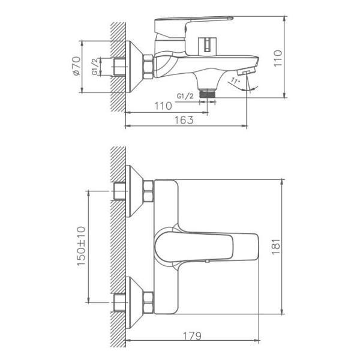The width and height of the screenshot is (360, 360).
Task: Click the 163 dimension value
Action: pyautogui.click(x=185, y=120)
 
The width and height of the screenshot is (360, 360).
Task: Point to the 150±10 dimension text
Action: pyautogui.click(x=82, y=246)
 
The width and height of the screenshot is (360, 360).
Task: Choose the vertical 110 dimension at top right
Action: pyautogui.click(x=277, y=58)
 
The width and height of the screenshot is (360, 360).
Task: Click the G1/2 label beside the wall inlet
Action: pyautogui.click(x=95, y=66)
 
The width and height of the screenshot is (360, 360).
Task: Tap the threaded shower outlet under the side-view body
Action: pyautogui.click(x=208, y=93)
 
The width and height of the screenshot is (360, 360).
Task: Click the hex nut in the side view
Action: pyautogui.click(x=148, y=65)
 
